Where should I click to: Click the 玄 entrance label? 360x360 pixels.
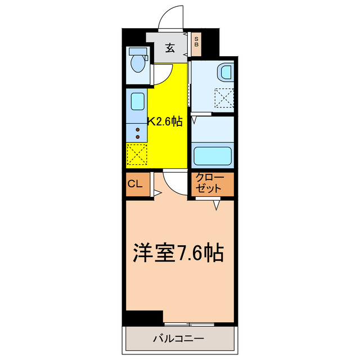pos(170,47)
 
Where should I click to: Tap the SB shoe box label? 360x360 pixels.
pos(196,42)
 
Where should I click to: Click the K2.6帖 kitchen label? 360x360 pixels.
pos(165,121)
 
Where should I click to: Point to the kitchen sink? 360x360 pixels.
pos(137,102)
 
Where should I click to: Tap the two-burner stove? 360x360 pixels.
pos(137,133)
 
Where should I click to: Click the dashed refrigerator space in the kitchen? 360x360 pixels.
pos(137,154)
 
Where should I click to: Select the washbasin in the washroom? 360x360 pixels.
pos(225,73)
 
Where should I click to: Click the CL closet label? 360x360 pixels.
pos(135,183)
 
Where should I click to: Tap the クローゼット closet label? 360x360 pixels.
pos(210,184)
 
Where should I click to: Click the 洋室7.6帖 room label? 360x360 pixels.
pos(178,253)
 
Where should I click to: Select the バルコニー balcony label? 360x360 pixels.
pos(178,339)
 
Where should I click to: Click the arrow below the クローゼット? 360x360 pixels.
pos(215,206)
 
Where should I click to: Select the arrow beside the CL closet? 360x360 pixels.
pos(156,193)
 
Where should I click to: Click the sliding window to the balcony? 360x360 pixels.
pos(191,325)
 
